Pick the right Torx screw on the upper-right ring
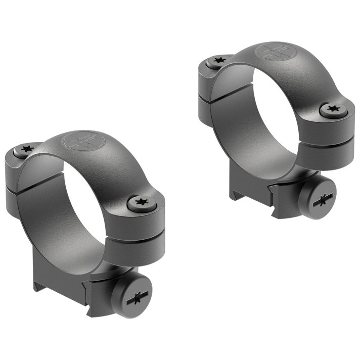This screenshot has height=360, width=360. [x=333, y=108]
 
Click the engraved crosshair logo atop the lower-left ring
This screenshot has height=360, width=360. [x=81, y=142]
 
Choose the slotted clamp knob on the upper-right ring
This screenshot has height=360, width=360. [x=317, y=198]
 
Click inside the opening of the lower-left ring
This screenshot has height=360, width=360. [x=88, y=202]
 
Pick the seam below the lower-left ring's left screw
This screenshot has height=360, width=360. [x=20, y=184]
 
